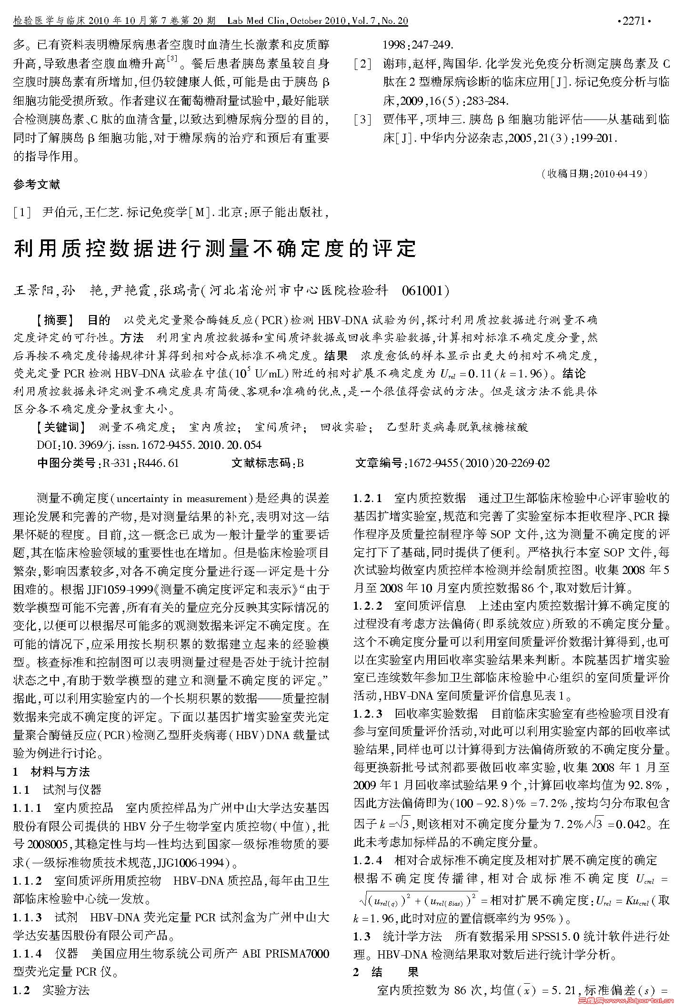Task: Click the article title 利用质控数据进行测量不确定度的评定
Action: click(x=215, y=248)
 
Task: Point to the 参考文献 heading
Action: click(x=37, y=185)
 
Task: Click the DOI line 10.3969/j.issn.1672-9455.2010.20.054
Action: click(x=149, y=445)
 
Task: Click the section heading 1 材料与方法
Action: click(x=51, y=771)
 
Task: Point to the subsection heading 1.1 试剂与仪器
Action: click(x=57, y=790)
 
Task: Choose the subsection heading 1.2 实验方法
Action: click(x=51, y=990)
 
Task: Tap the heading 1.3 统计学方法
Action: click(x=398, y=936)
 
